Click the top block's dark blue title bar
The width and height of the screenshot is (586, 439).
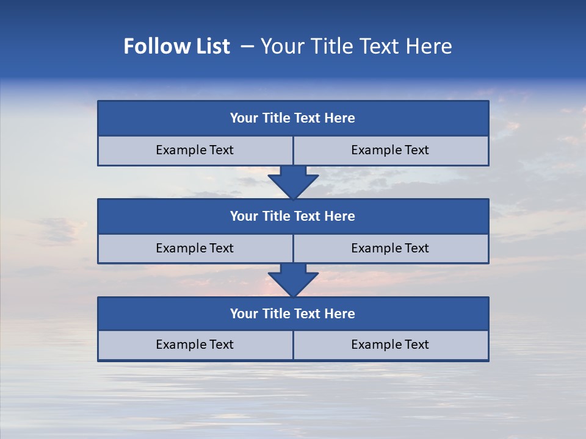[x=293, y=118]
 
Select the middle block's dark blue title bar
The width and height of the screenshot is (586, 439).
[x=293, y=216]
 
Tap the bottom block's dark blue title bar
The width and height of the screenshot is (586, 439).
[x=293, y=314]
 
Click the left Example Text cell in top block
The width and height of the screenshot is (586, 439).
[x=195, y=151]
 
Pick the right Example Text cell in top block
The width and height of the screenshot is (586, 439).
[x=390, y=151]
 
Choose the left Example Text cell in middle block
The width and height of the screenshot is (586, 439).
[x=195, y=249]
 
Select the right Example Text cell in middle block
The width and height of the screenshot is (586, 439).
[x=390, y=249]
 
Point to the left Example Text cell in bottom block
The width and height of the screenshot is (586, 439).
[x=195, y=345]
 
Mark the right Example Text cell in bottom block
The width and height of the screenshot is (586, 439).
[x=390, y=345]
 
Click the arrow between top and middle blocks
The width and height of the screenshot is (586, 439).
[x=293, y=182]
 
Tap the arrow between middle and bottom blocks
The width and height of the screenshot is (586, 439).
[x=293, y=280]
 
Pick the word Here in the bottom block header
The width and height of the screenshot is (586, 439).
[x=340, y=314]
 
